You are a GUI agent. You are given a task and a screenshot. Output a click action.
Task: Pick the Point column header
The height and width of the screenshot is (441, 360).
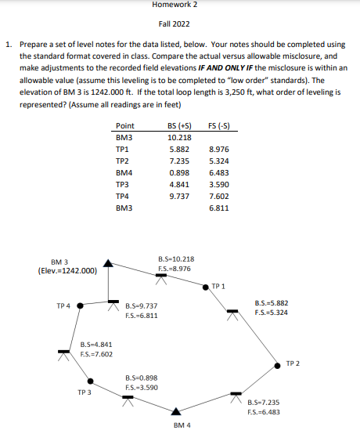(x=124, y=126)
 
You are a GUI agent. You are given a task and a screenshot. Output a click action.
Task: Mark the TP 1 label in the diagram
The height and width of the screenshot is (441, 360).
(x=219, y=286)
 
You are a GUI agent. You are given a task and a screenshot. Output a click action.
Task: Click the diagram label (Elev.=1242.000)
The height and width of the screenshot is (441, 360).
(x=67, y=271)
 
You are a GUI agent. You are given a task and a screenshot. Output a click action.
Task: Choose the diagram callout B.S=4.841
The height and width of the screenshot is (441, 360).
(x=96, y=344)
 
